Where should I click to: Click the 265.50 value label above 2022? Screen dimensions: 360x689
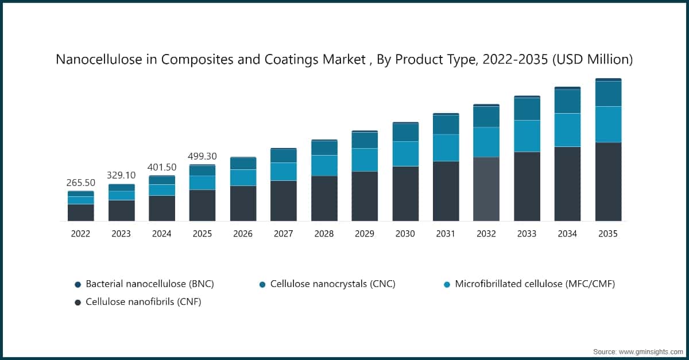pyautogui.click(x=80, y=182)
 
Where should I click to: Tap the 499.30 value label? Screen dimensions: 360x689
pyautogui.click(x=202, y=156)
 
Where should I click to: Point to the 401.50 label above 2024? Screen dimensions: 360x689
pyautogui.click(x=161, y=167)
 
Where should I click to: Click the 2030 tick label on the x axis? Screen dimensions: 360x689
pyautogui.click(x=405, y=234)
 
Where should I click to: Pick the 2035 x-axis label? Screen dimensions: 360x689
pyautogui.click(x=607, y=234)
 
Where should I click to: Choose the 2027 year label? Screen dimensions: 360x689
pyautogui.click(x=283, y=234)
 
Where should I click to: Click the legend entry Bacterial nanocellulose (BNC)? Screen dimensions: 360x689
pyautogui.click(x=149, y=284)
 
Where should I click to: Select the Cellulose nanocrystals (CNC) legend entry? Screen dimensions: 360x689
pyautogui.click(x=332, y=284)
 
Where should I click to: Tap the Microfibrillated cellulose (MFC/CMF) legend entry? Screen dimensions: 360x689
pyautogui.click(x=535, y=284)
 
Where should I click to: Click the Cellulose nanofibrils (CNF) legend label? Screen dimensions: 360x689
pyautogui.click(x=143, y=301)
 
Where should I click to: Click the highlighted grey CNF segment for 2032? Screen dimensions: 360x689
pyautogui.click(x=486, y=189)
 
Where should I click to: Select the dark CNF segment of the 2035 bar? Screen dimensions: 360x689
pyautogui.click(x=608, y=181)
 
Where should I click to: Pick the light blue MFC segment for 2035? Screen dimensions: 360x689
pyautogui.click(x=608, y=124)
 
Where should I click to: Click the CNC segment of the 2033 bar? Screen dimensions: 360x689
pyautogui.click(x=527, y=109)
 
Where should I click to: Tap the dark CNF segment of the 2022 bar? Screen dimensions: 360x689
pyautogui.click(x=80, y=212)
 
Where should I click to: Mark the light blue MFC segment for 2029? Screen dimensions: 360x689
pyautogui.click(x=365, y=160)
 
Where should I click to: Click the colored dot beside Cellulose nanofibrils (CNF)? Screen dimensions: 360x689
pyautogui.click(x=78, y=302)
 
